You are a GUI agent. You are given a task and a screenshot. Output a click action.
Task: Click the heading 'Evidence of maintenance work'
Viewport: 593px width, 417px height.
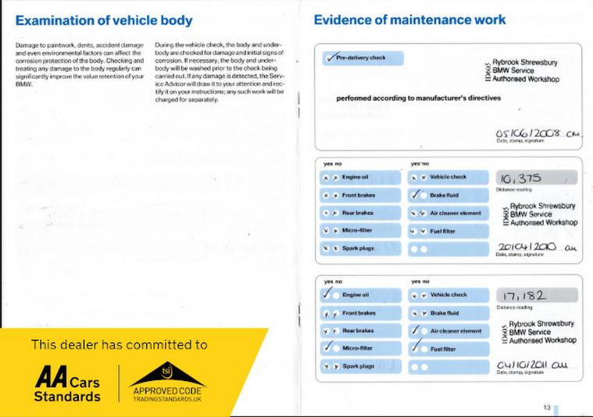click(x=409, y=19)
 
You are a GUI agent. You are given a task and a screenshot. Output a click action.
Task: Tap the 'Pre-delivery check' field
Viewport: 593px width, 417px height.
click(x=362, y=58)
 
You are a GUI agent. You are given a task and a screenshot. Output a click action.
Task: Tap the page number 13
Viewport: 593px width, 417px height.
click(x=547, y=407)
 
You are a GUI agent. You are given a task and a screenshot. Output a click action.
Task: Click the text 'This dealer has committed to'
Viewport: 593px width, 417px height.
click(x=119, y=344)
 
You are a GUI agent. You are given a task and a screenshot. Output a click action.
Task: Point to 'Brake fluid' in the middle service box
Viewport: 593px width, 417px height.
click(x=444, y=196)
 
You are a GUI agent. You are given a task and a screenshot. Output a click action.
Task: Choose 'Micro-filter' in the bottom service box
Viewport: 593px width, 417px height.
click(x=357, y=348)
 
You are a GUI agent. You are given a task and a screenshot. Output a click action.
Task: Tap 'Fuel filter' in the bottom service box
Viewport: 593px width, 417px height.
click(x=442, y=348)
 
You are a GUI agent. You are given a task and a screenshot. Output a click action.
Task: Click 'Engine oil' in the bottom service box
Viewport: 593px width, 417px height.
click(x=355, y=296)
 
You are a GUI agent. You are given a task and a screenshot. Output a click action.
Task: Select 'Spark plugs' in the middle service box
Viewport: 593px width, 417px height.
click(x=357, y=248)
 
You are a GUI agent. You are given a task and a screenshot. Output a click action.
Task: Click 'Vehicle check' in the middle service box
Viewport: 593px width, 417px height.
click(x=448, y=178)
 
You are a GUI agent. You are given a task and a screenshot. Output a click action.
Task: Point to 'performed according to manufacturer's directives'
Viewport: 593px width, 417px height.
click(x=419, y=99)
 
